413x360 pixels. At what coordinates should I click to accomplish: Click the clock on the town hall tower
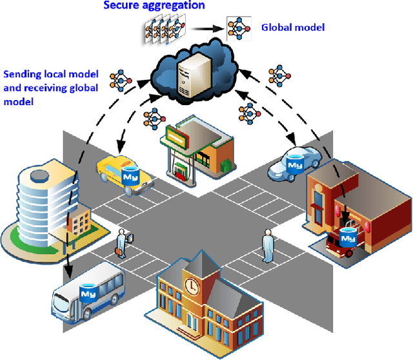[192, 285]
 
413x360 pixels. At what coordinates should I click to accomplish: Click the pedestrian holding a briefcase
[121, 244]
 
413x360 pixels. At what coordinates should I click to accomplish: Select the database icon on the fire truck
[348, 237]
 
